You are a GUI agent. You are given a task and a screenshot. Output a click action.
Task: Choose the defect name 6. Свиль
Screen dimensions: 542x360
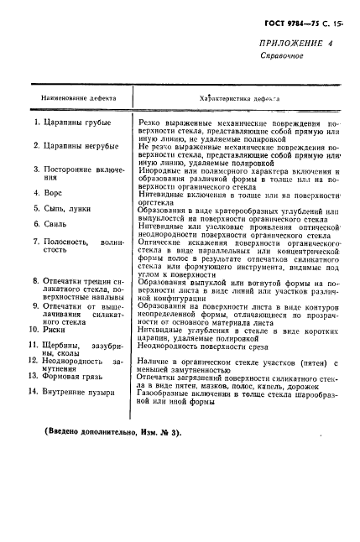[x=47, y=224]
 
